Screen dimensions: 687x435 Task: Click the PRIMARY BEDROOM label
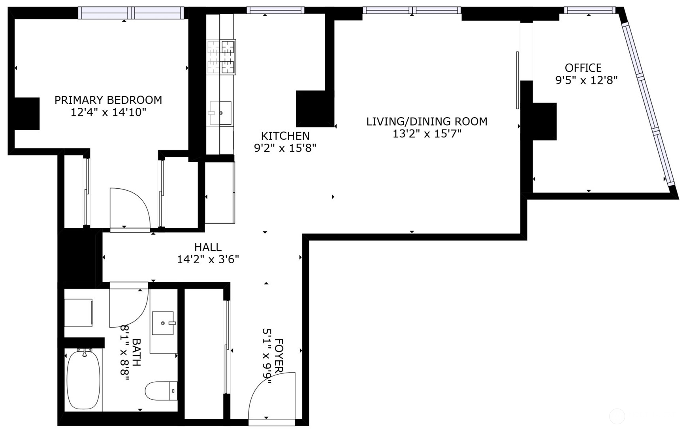pos(108,100)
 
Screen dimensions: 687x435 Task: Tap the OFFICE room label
pos(583,68)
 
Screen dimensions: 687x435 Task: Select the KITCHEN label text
pos(285,136)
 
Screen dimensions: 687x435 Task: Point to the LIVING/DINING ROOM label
pos(427,122)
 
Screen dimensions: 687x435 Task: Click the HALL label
pos(208,247)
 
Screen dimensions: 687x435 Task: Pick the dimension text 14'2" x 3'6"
pos(208,260)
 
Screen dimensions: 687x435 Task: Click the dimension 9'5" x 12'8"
pos(586,81)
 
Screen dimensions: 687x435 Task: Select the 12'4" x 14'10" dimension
pos(108,112)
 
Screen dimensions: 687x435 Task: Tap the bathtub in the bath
pos(83,380)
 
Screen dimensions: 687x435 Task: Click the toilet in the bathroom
pos(161,391)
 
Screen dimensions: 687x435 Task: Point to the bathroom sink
pos(163,323)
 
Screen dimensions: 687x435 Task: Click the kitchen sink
pos(220,113)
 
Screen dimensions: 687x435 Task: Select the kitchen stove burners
pos(221,57)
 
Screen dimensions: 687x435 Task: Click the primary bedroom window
pos(131,13)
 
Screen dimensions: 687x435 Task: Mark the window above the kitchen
pos(275,10)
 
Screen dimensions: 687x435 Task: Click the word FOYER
pos(279,355)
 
